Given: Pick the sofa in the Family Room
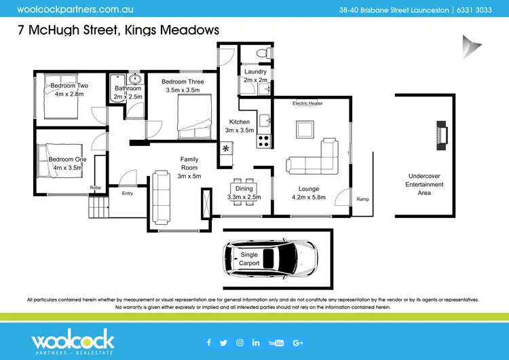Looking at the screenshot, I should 162,198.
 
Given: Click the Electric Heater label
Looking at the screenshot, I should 307,103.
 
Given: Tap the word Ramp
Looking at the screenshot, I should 362,199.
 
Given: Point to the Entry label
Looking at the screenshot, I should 128,193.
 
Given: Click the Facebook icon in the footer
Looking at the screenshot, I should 208,342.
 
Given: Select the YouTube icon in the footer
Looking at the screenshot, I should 276,342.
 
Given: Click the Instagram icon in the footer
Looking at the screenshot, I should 240,342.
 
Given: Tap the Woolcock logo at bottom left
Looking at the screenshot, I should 73,342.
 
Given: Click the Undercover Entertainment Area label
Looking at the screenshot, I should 424,184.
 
